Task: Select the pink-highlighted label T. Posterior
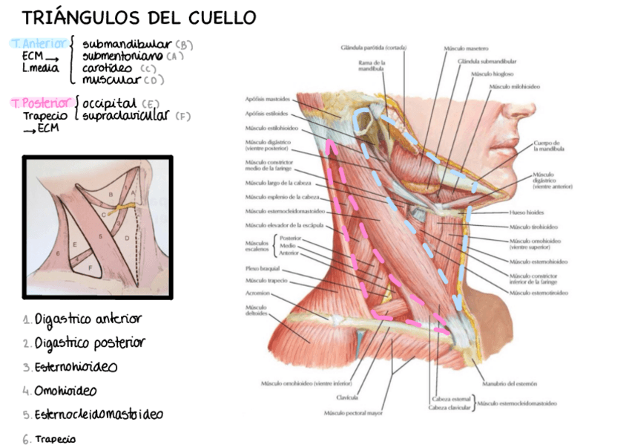tap(42, 103)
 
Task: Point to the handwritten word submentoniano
tap(122, 56)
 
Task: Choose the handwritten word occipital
tap(109, 103)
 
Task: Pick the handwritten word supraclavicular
tap(125, 115)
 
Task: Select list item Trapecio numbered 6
tap(55, 438)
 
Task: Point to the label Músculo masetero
tap(466, 48)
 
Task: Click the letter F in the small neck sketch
tap(90, 266)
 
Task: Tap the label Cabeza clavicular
tap(449, 408)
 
